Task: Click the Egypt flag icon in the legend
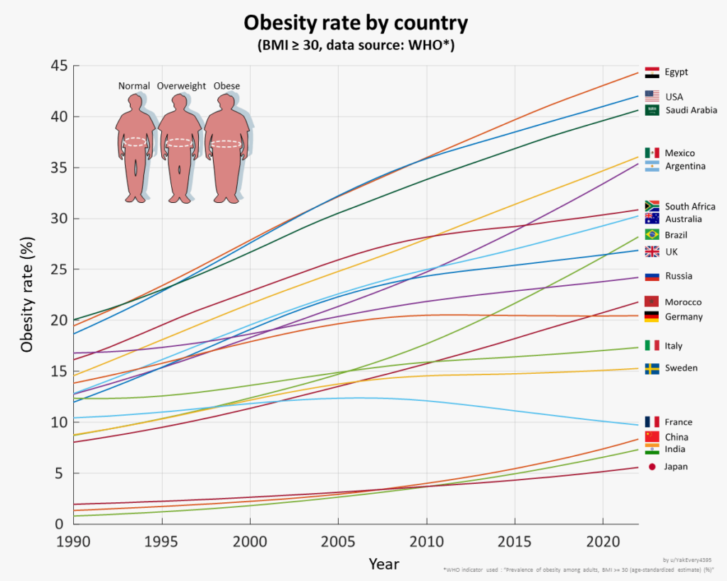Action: pyautogui.click(x=652, y=72)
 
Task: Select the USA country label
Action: pyautogui.click(x=674, y=96)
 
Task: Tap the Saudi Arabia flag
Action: pyautogui.click(x=652, y=110)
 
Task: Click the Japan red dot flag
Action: pyautogui.click(x=652, y=466)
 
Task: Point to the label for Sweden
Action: pyautogui.click(x=681, y=368)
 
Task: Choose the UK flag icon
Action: pyautogui.click(x=652, y=252)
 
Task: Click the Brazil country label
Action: pyautogui.click(x=676, y=235)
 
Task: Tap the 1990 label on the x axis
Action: pyautogui.click(x=74, y=540)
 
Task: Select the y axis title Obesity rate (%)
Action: pyautogui.click(x=27, y=294)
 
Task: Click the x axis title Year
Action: pyautogui.click(x=383, y=565)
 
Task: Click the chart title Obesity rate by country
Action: pyautogui.click(x=356, y=23)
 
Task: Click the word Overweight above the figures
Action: pyautogui.click(x=181, y=86)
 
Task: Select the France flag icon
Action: pyautogui.click(x=652, y=422)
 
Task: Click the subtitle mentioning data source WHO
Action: pyautogui.click(x=356, y=45)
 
